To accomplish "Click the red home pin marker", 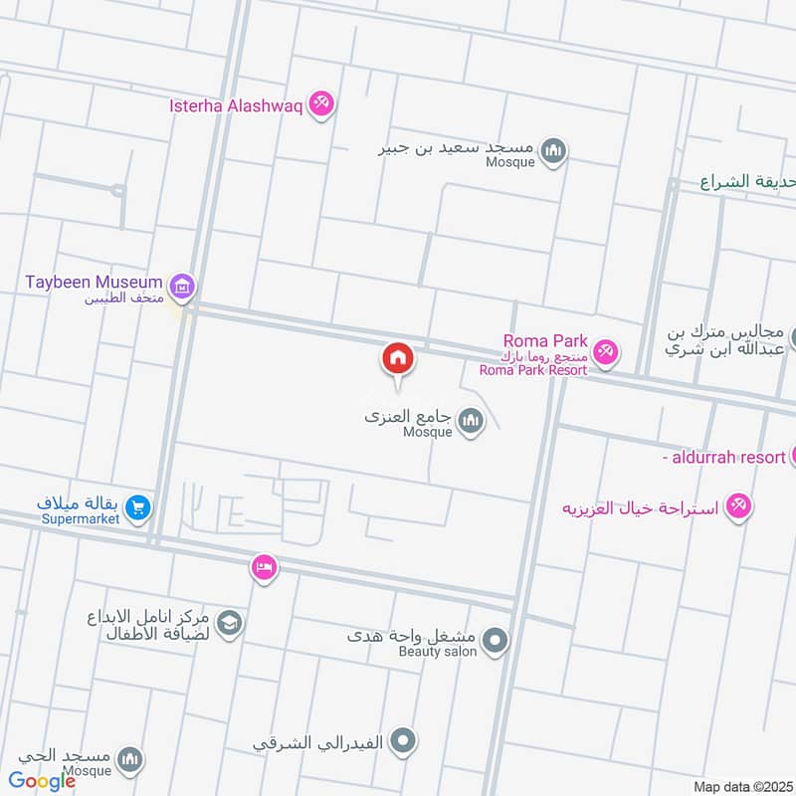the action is pos(398,358).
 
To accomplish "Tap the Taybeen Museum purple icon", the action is pos(181,288).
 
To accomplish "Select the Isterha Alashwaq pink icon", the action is pos(319,102).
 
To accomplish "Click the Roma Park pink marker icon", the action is pos(605,351).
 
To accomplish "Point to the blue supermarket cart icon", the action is pos(138,507).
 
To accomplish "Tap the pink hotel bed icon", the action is pos(264,567).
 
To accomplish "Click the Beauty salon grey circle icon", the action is pos(495,640).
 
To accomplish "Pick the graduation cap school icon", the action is pos(230,623).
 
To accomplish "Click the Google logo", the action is pos(43,781).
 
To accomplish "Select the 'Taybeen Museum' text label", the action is pos(95,282).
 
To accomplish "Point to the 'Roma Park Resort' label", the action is pos(532,370).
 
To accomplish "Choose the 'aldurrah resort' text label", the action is pos(723,457).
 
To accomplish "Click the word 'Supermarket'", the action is pos(81,518).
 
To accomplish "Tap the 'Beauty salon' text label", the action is pos(438,651).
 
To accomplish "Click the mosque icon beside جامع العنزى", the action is pos(471,424).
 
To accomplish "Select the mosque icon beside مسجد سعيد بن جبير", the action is pos(554,152).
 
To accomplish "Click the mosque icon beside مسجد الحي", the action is pos(130,761).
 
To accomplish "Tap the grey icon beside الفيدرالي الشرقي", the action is pos(403,740).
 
